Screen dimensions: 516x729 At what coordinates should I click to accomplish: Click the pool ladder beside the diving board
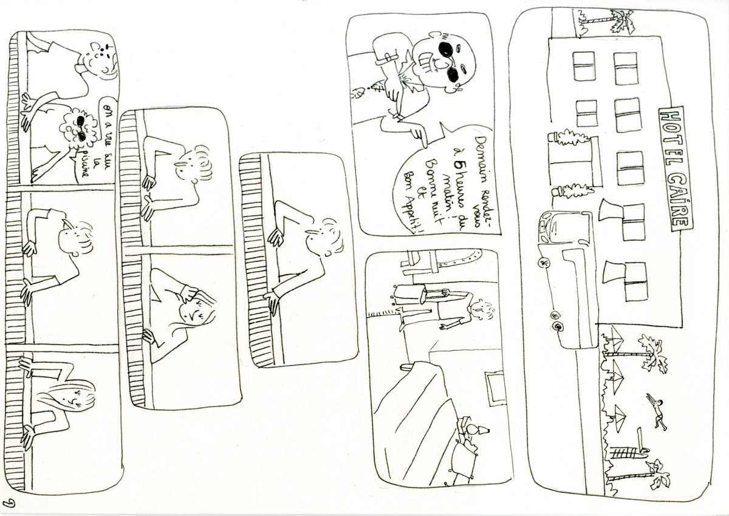(623, 452)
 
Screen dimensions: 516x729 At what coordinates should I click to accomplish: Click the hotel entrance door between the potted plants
(571, 164)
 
